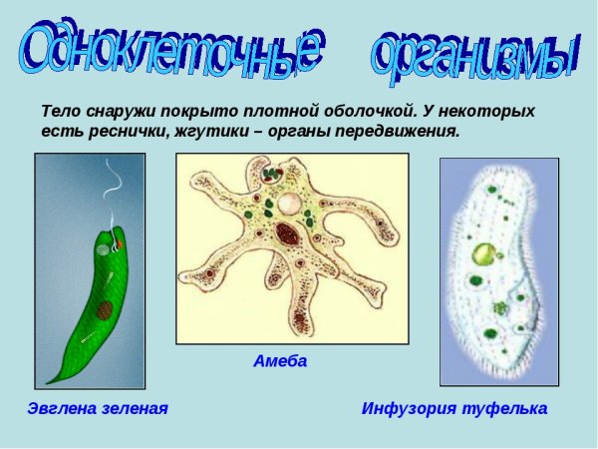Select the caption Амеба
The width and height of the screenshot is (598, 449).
pos(280,361)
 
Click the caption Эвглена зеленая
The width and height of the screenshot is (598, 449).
pos(97,409)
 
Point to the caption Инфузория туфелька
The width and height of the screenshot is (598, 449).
pos(454,409)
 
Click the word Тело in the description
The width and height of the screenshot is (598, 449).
pos(62,110)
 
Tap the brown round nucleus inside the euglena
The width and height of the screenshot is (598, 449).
pos(105,309)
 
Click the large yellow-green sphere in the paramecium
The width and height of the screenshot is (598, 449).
pos(483,254)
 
